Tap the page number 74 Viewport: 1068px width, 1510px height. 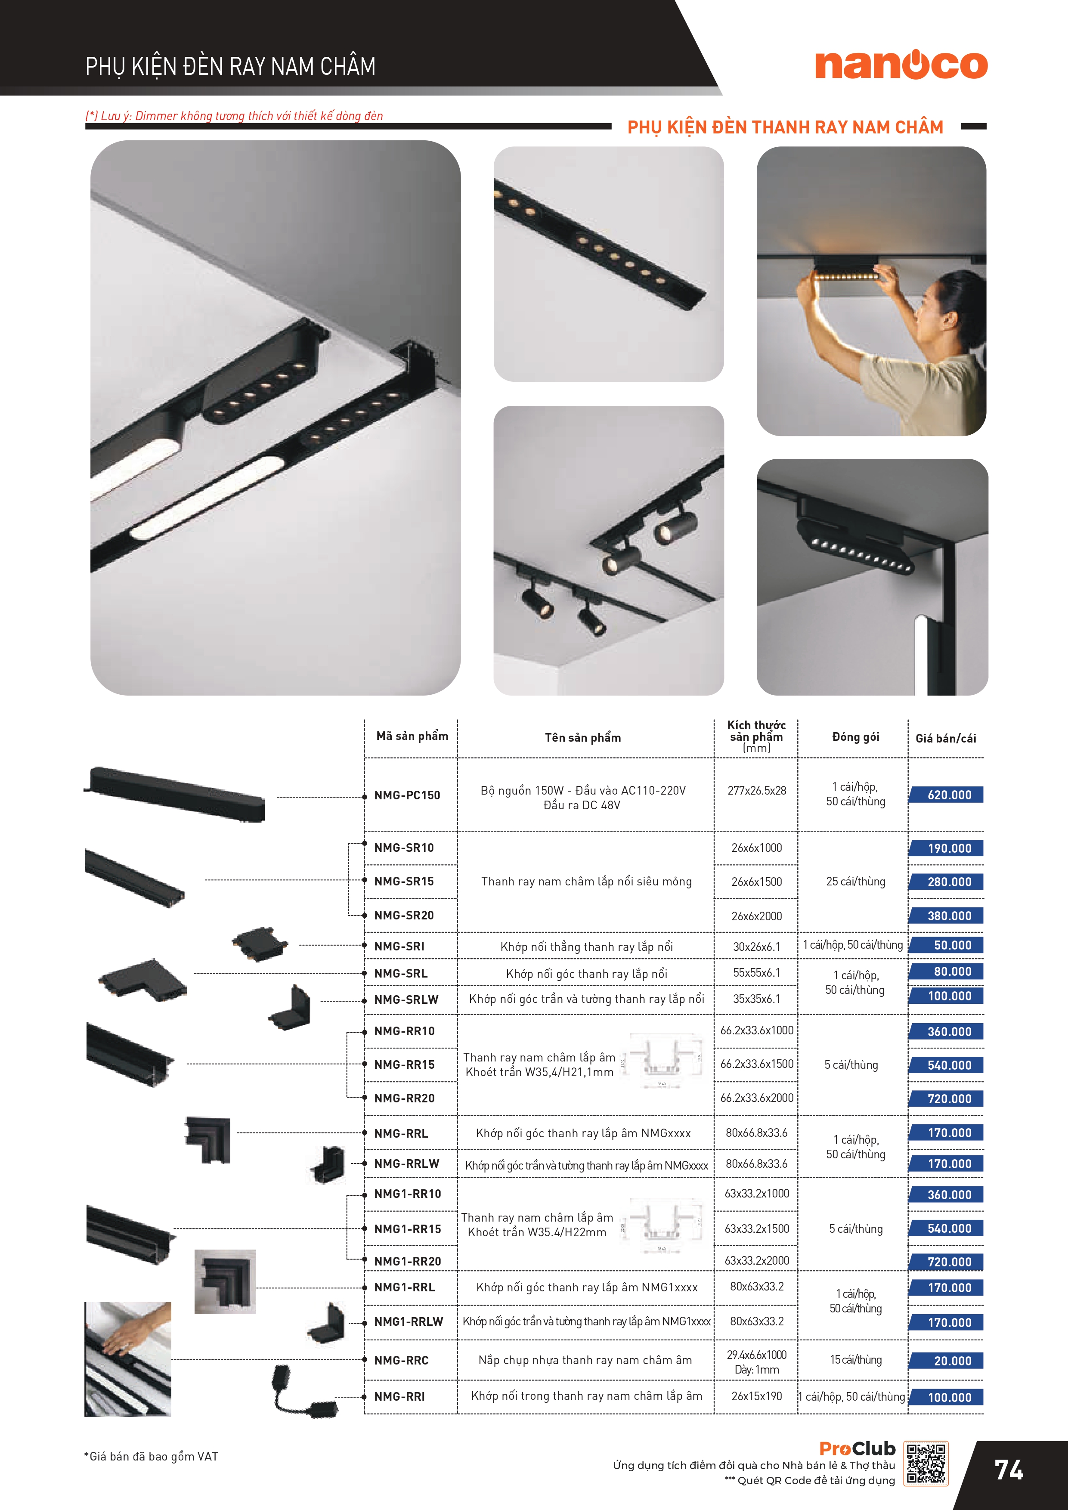(x=1008, y=1470)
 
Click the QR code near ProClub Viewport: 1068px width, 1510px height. (x=926, y=1464)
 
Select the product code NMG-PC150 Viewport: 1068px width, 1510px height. (x=407, y=795)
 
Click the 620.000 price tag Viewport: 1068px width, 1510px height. (x=948, y=795)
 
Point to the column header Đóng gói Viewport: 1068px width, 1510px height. (x=855, y=737)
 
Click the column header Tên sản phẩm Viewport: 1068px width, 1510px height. (x=583, y=738)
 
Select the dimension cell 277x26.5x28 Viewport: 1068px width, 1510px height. (x=756, y=791)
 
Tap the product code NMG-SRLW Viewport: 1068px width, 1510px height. (x=406, y=999)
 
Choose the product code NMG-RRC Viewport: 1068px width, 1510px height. (x=401, y=1360)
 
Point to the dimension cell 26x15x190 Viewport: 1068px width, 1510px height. (x=756, y=1396)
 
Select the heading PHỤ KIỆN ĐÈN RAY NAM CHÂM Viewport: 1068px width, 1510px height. (x=230, y=66)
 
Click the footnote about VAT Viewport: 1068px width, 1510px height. (x=151, y=1456)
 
